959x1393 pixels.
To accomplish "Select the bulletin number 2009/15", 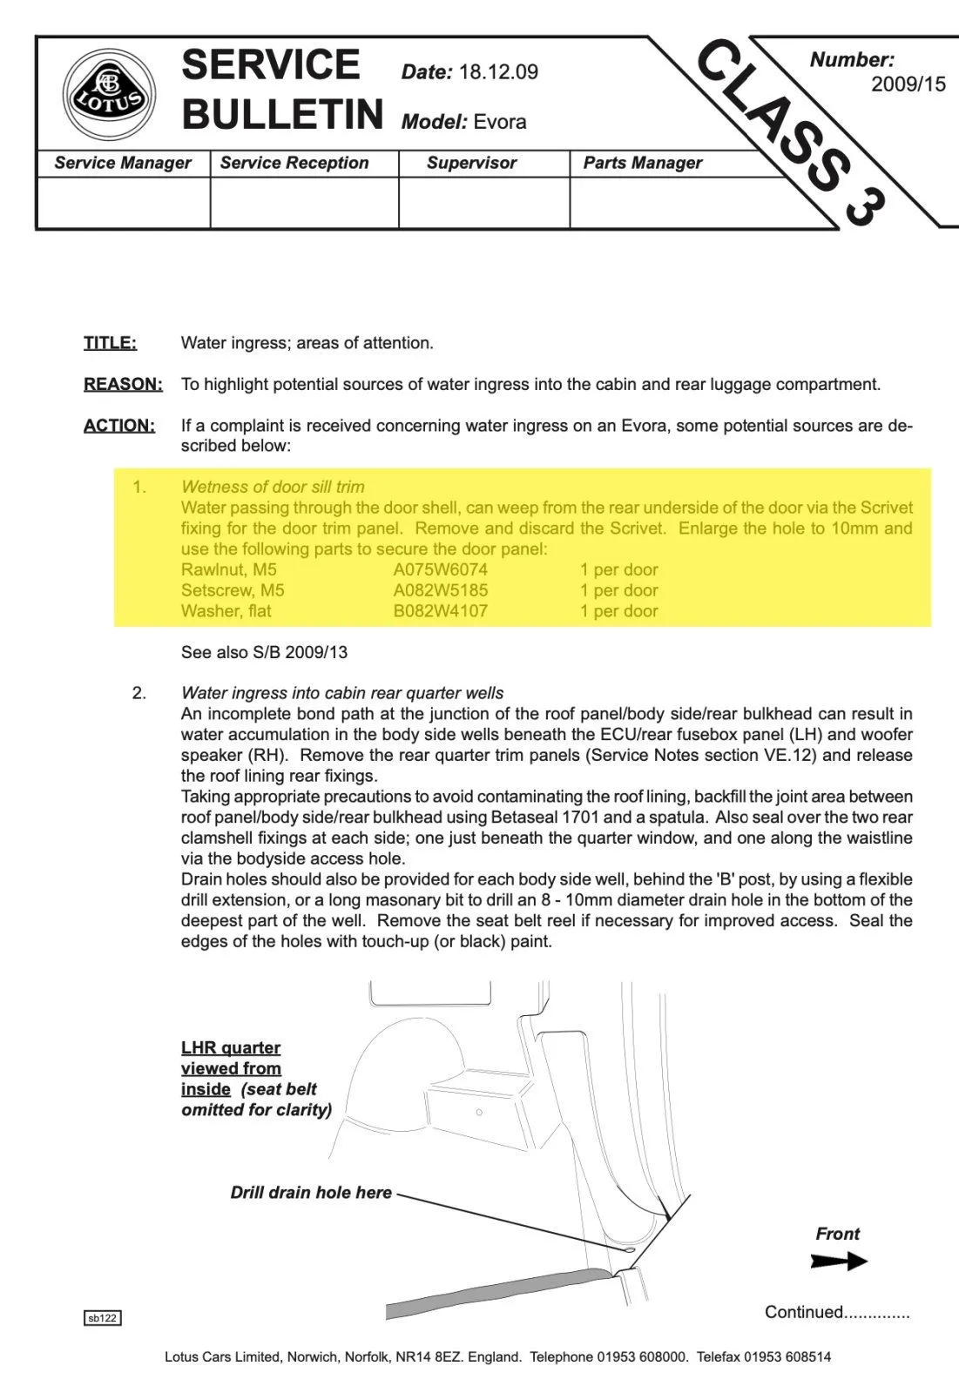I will point(908,84).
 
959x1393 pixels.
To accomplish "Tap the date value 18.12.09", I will point(498,72).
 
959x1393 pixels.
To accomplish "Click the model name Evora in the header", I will point(499,122).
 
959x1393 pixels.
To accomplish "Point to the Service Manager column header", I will point(123,163).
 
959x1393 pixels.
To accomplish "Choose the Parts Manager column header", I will point(642,163).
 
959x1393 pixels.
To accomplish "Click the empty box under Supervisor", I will point(483,203).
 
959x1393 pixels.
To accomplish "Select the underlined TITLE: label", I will point(110,343).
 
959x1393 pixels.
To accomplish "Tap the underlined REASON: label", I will point(123,384).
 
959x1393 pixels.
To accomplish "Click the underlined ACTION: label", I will point(119,426).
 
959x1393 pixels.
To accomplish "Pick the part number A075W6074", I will point(440,570).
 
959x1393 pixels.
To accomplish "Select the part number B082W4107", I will point(440,611).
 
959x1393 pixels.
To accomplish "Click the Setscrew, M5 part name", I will point(233,590).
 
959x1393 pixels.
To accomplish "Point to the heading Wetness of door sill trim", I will point(273,487).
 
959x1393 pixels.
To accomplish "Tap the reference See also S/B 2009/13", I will point(264,652).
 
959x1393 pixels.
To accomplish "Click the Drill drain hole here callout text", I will point(311,1193).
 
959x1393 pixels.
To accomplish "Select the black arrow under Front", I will point(838,1261).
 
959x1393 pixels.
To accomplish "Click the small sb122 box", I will point(103,1318).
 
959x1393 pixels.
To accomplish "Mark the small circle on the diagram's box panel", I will point(479,1112).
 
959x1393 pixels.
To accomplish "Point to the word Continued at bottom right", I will point(804,1312).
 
